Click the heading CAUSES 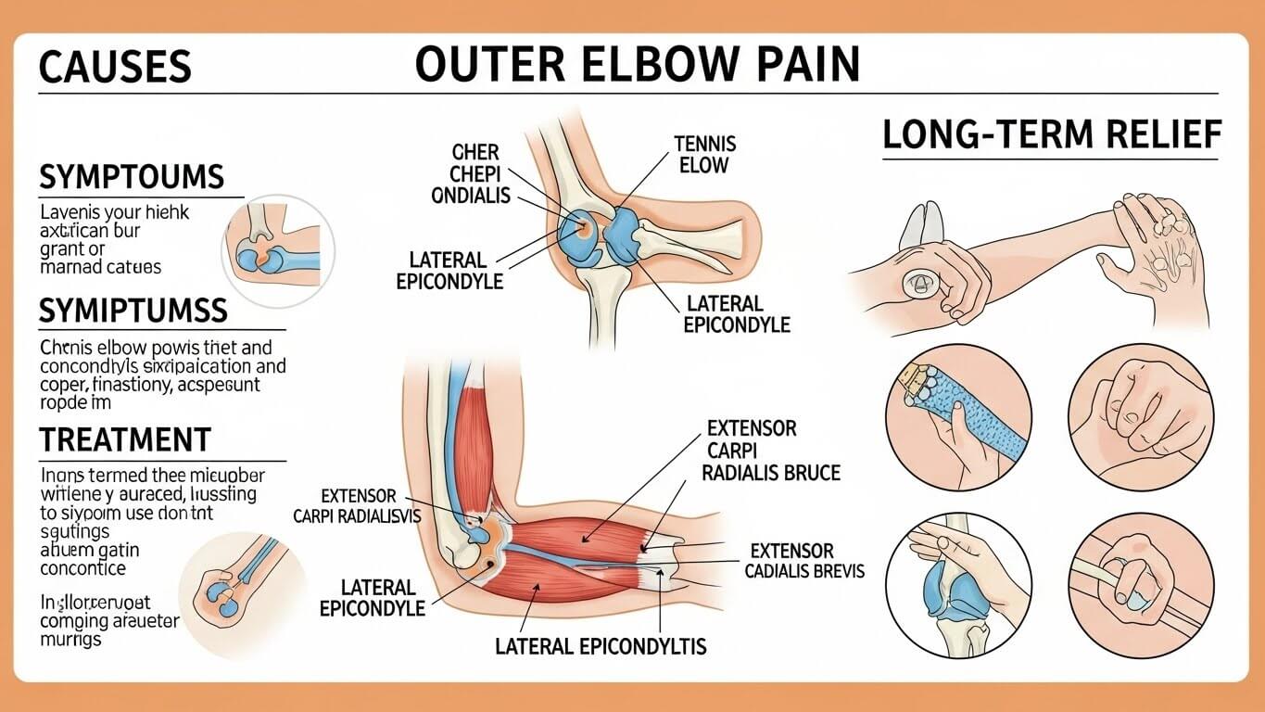(x=115, y=68)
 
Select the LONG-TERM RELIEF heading (x=1051, y=135)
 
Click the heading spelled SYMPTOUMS (x=131, y=177)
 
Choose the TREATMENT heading (x=125, y=439)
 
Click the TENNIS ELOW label (x=705, y=155)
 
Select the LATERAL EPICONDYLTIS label (x=601, y=645)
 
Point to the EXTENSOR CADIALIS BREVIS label (x=803, y=561)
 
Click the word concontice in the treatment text (x=83, y=567)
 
